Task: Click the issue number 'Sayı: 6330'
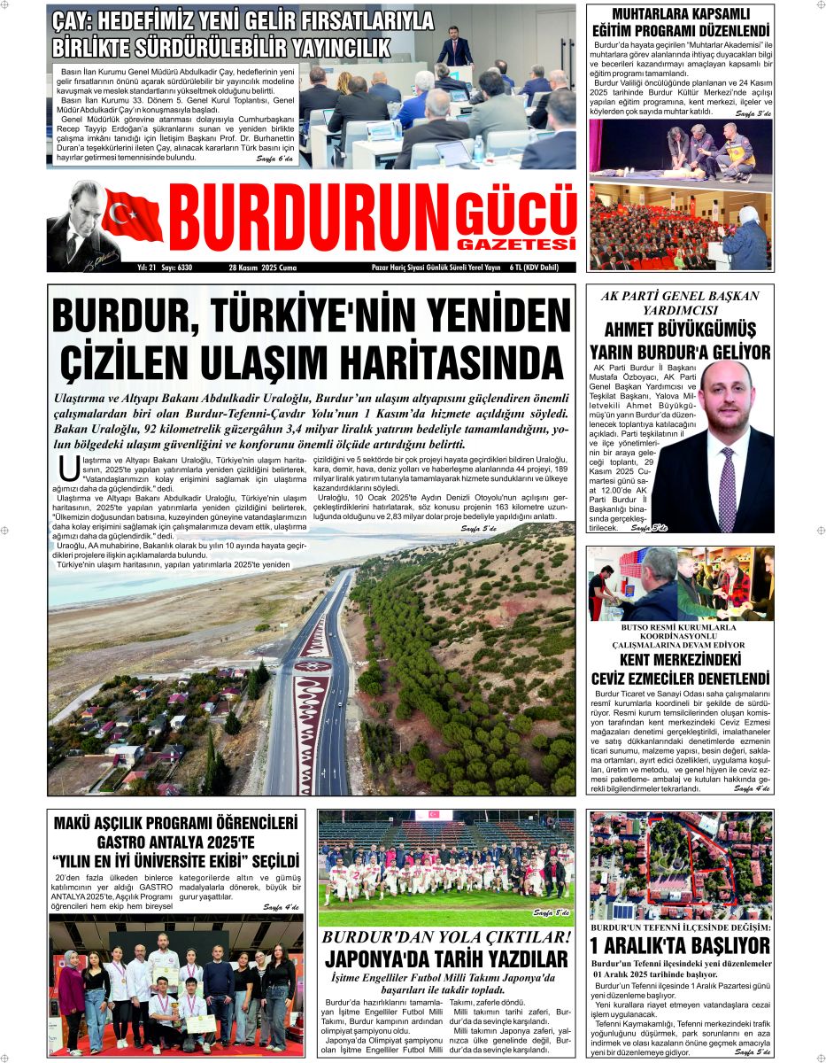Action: pyautogui.click(x=177, y=267)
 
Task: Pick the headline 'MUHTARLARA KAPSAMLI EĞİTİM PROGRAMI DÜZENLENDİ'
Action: pyautogui.click(x=679, y=23)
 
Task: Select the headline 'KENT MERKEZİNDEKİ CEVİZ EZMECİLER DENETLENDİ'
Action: pyautogui.click(x=679, y=669)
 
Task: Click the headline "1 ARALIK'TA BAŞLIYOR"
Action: pyautogui.click(x=679, y=945)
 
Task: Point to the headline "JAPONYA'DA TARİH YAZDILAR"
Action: pyautogui.click(x=446, y=958)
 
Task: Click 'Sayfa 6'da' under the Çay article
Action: pyautogui.click(x=275, y=159)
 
